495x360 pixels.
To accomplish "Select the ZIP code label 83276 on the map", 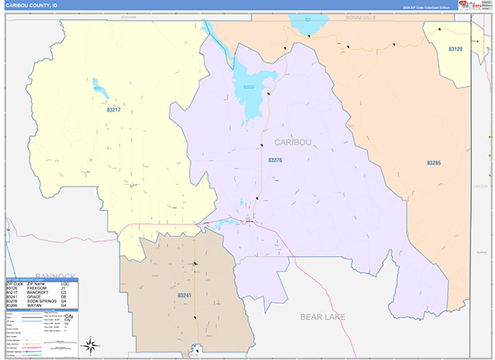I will (276, 160).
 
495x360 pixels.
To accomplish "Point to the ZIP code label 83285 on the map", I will (433, 163).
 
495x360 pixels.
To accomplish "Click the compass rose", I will (92, 346).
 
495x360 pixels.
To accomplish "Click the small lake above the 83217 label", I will (99, 85).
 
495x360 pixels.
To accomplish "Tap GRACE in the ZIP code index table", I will (38, 297).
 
